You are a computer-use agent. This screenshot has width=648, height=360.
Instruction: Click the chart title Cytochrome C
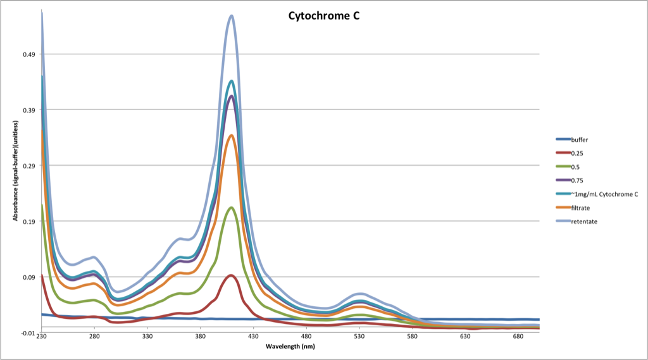click(321, 16)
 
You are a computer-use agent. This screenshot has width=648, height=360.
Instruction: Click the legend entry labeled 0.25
click(577, 153)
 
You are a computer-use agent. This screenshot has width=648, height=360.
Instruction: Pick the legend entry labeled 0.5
click(575, 166)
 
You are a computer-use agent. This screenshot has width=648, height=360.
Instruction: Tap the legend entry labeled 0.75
click(577, 180)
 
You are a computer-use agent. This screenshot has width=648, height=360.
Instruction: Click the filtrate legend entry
click(580, 208)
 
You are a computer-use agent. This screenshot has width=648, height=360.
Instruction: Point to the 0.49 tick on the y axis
click(29, 54)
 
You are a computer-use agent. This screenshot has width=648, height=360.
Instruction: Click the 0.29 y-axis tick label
click(29, 166)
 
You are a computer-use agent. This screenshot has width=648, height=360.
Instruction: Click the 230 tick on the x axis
click(42, 337)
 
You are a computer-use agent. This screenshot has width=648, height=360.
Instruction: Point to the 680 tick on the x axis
click(518, 337)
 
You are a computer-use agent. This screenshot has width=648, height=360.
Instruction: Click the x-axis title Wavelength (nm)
click(290, 347)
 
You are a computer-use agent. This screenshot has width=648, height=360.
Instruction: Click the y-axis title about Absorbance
click(14, 171)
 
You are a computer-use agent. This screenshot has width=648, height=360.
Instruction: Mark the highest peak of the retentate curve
click(232, 16)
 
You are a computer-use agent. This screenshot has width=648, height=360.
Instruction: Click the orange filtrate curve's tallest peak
click(232, 135)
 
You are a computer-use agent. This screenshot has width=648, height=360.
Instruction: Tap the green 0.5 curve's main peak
click(232, 208)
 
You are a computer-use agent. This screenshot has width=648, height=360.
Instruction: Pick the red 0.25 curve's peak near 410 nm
click(232, 275)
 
